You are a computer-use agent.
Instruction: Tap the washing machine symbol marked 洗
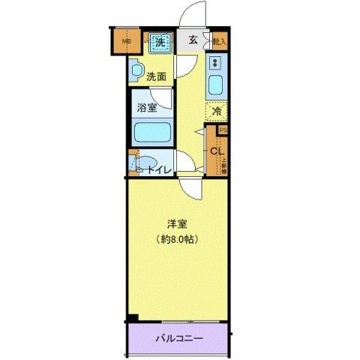click(159, 42)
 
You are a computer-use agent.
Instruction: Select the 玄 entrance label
click(192, 40)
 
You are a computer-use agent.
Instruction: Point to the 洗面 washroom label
click(156, 76)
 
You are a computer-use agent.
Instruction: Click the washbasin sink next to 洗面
click(135, 72)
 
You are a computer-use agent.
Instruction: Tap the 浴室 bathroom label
click(146, 108)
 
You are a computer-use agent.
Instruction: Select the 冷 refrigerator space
click(216, 111)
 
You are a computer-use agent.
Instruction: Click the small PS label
click(222, 129)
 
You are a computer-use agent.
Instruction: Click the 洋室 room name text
click(177, 223)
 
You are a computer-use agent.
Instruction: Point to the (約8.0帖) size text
click(177, 239)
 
